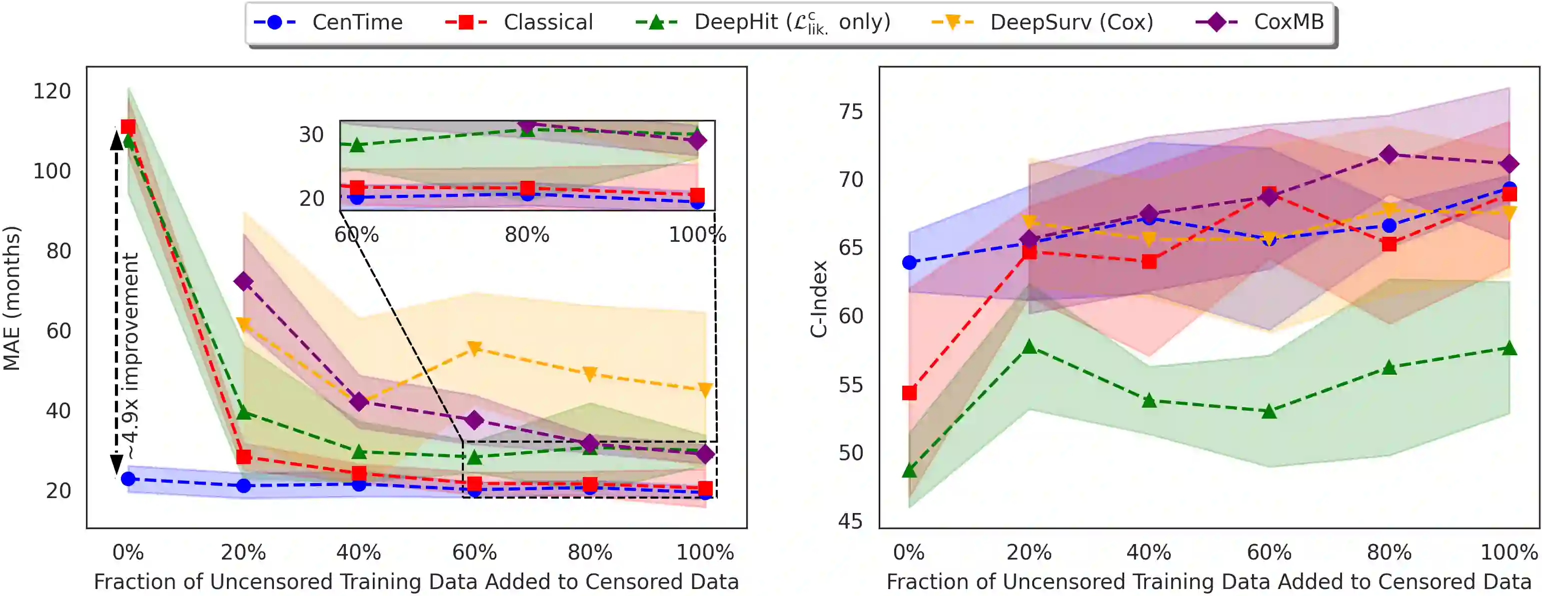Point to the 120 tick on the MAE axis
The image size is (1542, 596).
point(52,91)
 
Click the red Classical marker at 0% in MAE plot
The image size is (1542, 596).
point(128,127)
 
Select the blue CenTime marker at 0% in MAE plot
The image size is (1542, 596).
point(128,479)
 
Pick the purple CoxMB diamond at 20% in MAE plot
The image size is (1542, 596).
point(243,281)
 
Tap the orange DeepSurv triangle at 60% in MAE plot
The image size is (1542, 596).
point(474,348)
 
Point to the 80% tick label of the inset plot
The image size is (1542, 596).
point(527,235)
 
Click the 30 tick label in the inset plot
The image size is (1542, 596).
point(311,135)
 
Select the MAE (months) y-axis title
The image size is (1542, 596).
point(12,298)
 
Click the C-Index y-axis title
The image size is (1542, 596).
point(819,299)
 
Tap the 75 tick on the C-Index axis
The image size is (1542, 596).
point(851,112)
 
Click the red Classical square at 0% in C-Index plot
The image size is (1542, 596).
point(909,393)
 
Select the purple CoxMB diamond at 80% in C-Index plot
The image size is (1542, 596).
point(1389,155)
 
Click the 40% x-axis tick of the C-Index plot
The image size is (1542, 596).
point(1149,552)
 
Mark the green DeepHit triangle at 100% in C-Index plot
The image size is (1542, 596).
point(1509,348)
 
